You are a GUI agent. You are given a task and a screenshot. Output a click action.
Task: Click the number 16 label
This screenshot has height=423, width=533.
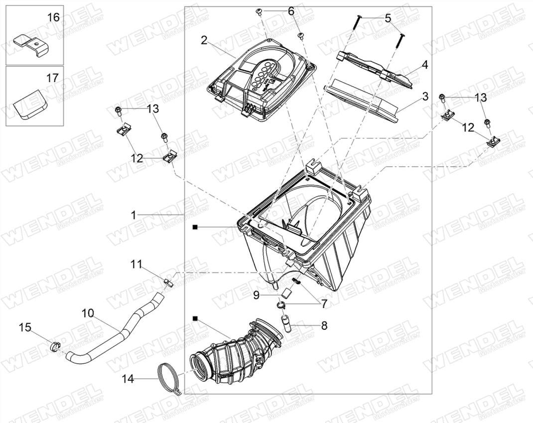pos(53,17)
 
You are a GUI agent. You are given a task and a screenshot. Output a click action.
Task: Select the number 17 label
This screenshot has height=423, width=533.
pos(52,78)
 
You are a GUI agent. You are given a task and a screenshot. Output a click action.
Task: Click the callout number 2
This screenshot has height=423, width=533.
pos(204,40)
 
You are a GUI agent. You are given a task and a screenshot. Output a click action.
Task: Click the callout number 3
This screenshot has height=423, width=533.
pos(425,96)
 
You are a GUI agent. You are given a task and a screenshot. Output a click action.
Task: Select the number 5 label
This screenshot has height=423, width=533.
pos(388,18)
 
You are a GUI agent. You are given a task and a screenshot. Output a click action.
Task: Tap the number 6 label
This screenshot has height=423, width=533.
pos(291,11)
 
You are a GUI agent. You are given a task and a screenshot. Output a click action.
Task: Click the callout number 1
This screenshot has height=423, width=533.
pos(133,215)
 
